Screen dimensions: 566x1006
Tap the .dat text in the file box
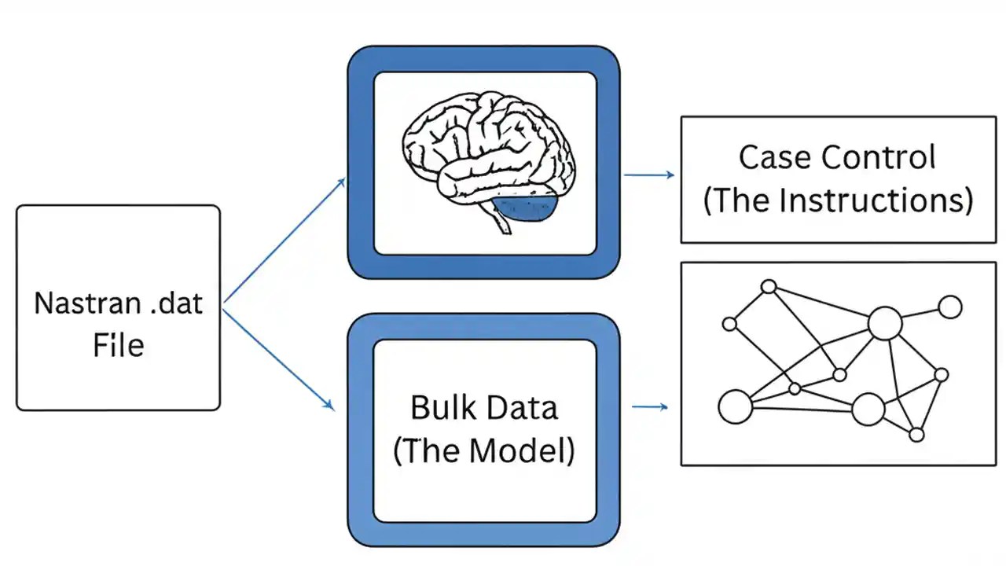coord(177,303)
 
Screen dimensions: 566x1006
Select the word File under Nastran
coord(119,345)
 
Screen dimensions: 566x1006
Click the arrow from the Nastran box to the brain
coord(285,241)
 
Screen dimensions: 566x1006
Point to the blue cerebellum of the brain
coord(526,208)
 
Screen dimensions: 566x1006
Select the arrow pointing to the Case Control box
coord(649,175)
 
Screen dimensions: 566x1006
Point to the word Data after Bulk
coord(522,408)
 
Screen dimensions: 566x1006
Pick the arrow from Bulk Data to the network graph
coord(650,406)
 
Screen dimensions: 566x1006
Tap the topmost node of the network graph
coord(769,287)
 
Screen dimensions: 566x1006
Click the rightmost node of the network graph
coord(950,307)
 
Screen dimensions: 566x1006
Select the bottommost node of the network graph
coord(916,434)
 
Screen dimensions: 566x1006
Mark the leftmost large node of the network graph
coord(736,406)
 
